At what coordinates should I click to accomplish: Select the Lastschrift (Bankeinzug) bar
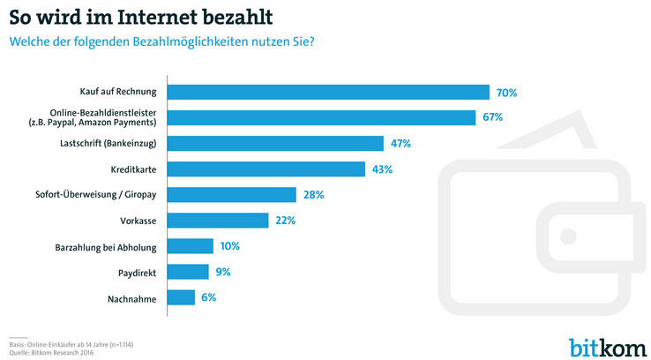[275, 143]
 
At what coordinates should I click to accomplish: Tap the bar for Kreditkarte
[266, 169]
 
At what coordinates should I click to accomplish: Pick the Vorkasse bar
[218, 221]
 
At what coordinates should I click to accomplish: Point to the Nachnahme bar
[181, 298]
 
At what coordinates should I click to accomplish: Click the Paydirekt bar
[188, 272]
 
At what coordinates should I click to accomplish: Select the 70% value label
[506, 92]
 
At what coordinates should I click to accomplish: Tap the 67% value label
[492, 117]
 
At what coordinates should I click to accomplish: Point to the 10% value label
[230, 246]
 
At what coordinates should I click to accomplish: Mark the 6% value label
[208, 298]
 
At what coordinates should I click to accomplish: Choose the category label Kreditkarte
[134, 169]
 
